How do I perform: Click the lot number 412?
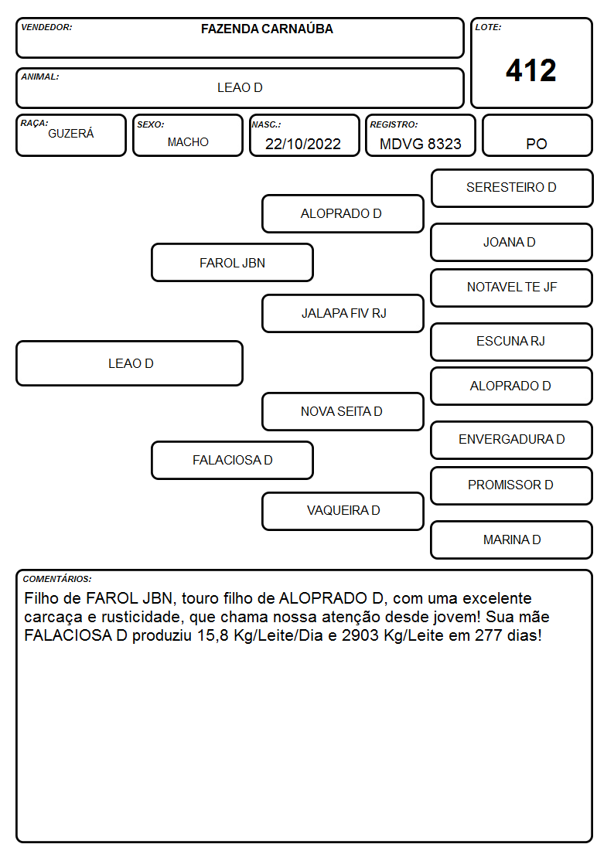point(531,70)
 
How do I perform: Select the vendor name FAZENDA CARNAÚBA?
point(267,29)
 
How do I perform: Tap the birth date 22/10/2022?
point(303,144)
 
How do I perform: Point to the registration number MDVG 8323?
point(420,144)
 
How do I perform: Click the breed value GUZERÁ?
point(71,134)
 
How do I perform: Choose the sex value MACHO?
point(188,142)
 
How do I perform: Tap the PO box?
point(537,135)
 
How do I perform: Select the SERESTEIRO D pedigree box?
point(512,189)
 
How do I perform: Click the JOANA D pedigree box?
point(512,242)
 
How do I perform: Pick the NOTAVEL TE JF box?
point(512,288)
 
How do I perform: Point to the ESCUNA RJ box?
point(512,342)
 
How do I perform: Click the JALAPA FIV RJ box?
point(343,313)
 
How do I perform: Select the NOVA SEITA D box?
point(343,411)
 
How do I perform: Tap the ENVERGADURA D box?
point(512,440)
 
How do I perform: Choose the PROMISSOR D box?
point(512,485)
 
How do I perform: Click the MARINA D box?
point(512,540)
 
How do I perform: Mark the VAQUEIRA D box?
point(343,511)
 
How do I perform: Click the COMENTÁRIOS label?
point(57,579)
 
